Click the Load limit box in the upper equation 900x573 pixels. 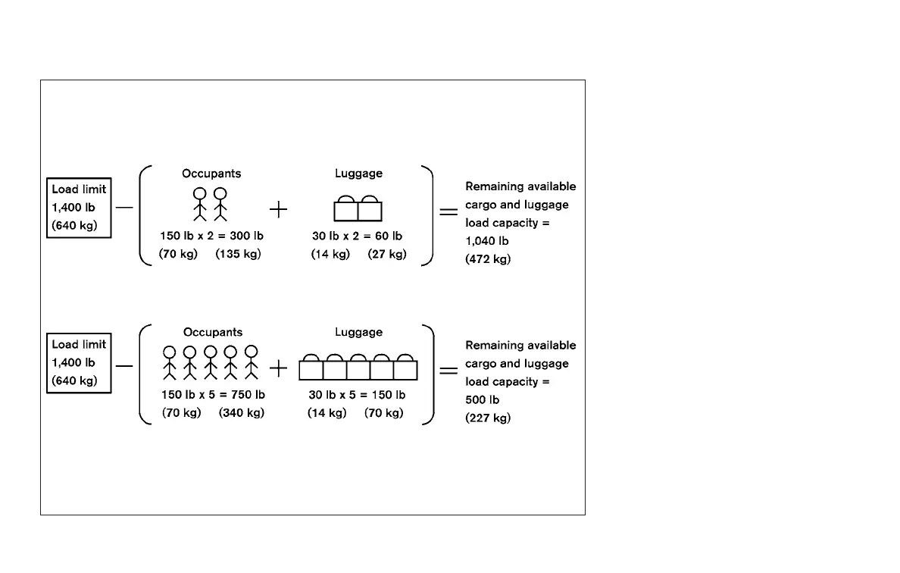coord(79,208)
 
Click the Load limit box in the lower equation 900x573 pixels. coord(79,362)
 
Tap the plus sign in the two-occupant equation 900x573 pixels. coord(279,210)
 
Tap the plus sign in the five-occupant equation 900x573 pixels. coord(279,369)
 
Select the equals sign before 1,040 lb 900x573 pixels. coord(448,212)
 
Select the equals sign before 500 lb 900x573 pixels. coord(448,371)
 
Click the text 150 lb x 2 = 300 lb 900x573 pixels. coord(211,236)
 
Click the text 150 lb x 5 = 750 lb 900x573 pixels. coord(213,395)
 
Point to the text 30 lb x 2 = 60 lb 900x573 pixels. coord(357,236)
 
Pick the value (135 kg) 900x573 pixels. coord(238,254)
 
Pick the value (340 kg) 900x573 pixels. coord(242,413)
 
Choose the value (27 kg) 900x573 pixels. coord(387,254)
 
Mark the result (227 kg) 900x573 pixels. coord(488,418)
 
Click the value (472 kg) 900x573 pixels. coord(488,259)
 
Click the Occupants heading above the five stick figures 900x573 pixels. coord(213,332)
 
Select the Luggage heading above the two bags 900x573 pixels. coord(358,174)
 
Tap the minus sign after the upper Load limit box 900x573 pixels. coord(124,207)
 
